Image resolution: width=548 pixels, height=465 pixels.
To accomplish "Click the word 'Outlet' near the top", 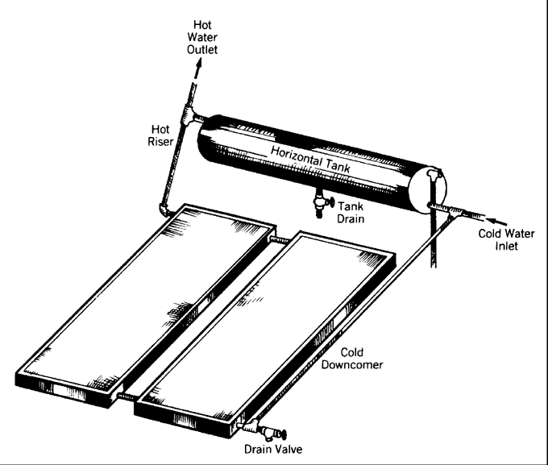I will (x=203, y=49).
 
